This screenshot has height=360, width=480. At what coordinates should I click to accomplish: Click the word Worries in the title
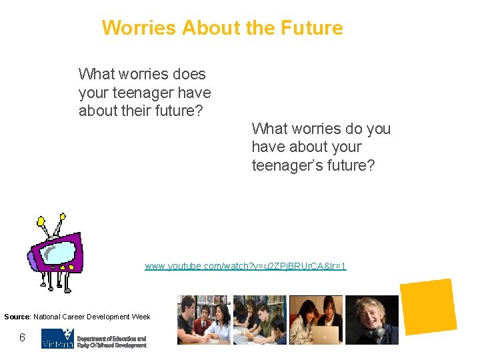(139, 28)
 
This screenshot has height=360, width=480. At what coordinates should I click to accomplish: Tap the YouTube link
(245, 266)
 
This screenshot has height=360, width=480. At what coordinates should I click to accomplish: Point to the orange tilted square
(428, 307)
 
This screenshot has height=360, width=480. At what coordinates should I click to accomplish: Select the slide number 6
(22, 338)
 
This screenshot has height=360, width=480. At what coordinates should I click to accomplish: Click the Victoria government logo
(57, 338)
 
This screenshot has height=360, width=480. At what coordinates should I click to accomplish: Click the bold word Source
(17, 317)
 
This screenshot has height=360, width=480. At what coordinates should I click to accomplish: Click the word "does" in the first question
(189, 74)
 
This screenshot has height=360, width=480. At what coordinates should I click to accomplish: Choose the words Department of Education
(111, 339)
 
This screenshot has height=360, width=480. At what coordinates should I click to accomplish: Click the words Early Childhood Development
(111, 345)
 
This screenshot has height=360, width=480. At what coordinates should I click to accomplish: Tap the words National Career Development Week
(92, 317)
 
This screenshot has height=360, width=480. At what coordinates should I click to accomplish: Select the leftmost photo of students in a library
(203, 320)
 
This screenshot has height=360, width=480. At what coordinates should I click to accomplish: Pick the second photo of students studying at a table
(259, 320)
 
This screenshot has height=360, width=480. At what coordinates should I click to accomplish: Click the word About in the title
(205, 28)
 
